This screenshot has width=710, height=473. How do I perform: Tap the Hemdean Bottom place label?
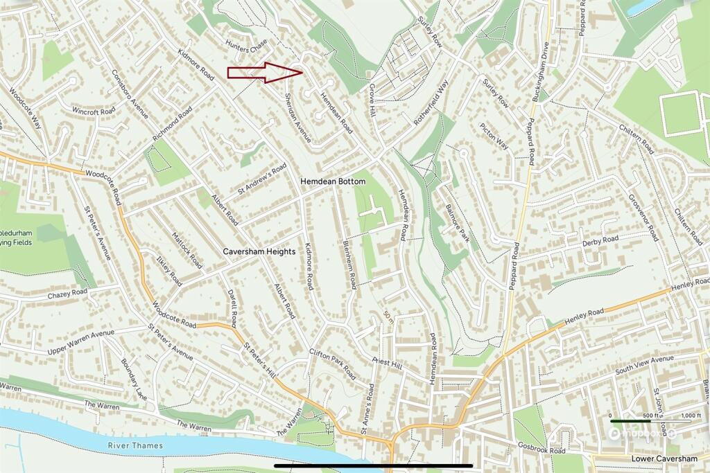tap(332, 181)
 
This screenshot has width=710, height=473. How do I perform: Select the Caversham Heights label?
tap(259, 251)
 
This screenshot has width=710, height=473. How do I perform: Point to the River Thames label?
tap(135, 445)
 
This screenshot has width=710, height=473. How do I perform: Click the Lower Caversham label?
tap(664, 459)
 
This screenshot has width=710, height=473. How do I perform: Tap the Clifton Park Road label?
tap(333, 364)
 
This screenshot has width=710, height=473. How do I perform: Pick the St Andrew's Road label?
tap(262, 179)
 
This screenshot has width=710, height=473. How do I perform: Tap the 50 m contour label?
tap(387, 318)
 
